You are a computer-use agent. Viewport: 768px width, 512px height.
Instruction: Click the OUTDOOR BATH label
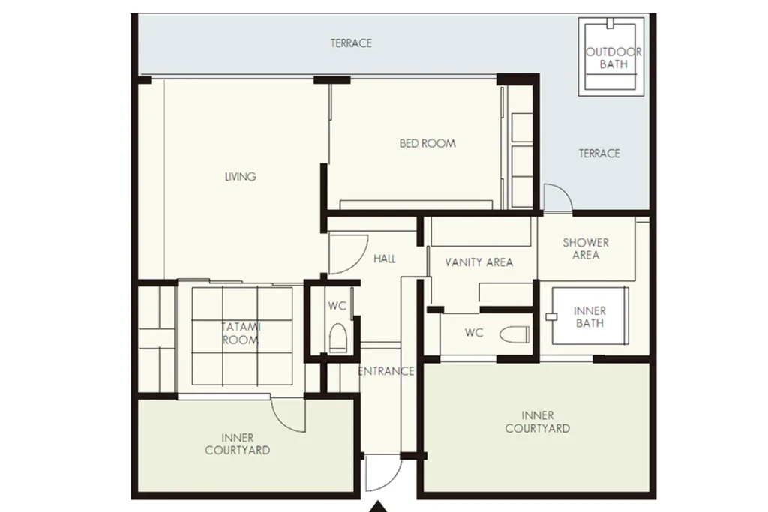point(613,58)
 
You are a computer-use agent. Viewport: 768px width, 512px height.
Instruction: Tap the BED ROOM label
point(427,143)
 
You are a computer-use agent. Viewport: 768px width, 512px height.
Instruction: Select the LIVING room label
point(240,177)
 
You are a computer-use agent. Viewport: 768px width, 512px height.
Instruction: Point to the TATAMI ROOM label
point(241,334)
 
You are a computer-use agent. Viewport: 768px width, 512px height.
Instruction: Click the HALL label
point(385,259)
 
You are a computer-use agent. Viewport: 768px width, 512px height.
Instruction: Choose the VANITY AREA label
point(479,262)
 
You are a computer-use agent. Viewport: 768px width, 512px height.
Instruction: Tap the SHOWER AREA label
point(586,249)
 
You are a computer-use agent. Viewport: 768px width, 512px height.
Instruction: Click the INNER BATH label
point(589,316)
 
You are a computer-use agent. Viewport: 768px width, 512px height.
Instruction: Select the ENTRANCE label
point(386,371)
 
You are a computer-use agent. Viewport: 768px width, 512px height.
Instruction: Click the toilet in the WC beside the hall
point(338,338)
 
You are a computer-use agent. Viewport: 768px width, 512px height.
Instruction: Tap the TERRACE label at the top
point(351,43)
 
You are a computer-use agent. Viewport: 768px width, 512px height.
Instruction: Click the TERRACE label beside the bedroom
point(599,153)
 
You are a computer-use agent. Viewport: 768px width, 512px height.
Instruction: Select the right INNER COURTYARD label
point(537,422)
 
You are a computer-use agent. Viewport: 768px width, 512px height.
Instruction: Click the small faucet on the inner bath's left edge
point(551,316)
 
